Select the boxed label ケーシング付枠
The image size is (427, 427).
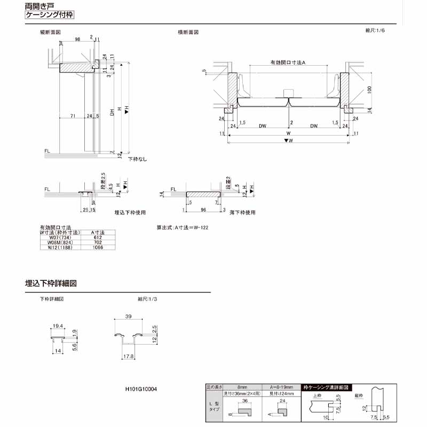(50, 15)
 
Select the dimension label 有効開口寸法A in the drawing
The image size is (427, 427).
(287, 63)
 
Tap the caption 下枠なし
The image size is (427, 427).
(137, 159)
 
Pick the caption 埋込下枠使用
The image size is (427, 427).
(130, 212)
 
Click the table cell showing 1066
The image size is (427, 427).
(98, 247)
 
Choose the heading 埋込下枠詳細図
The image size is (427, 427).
(51, 283)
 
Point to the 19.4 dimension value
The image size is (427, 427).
(58, 325)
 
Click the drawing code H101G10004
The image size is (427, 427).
(137, 389)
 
